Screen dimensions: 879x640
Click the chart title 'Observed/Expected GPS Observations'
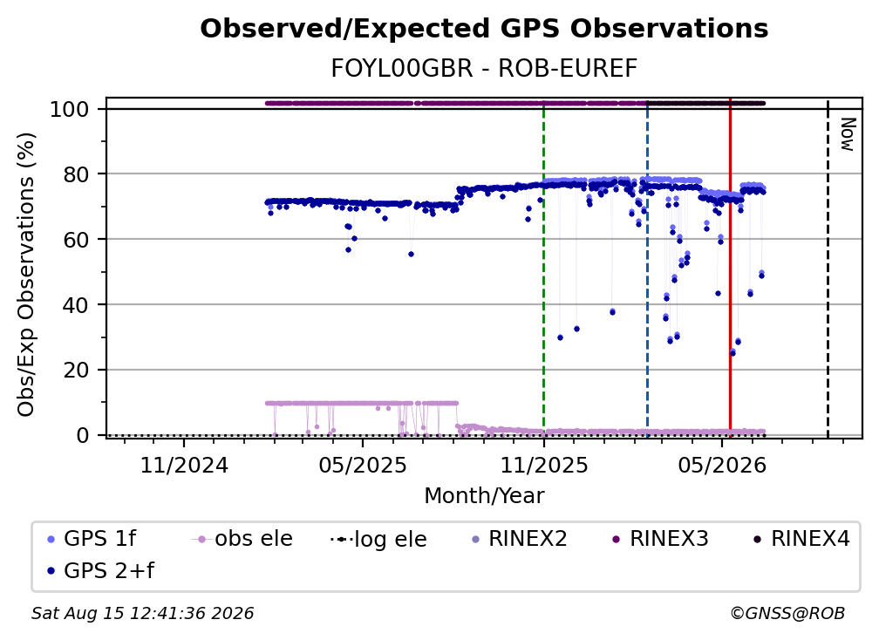484,29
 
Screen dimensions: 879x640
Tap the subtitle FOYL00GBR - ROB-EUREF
484,69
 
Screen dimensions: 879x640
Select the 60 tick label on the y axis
76,240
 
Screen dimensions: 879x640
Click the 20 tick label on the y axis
76,371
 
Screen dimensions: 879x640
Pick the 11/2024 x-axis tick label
184,465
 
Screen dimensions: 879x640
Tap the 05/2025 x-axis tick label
363,465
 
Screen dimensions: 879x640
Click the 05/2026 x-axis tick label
722,465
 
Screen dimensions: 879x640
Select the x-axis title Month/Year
484,495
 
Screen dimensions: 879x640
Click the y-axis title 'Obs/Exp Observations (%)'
26,275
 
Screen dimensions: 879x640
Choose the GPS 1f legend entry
92,539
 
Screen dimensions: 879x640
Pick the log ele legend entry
378,539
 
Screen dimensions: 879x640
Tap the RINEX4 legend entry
801,539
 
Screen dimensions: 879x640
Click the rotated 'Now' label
847,134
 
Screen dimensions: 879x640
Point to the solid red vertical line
730,268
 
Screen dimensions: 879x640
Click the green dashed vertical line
544,268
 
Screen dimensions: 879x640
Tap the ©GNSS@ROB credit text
787,613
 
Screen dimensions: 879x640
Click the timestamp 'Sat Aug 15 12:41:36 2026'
142,613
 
